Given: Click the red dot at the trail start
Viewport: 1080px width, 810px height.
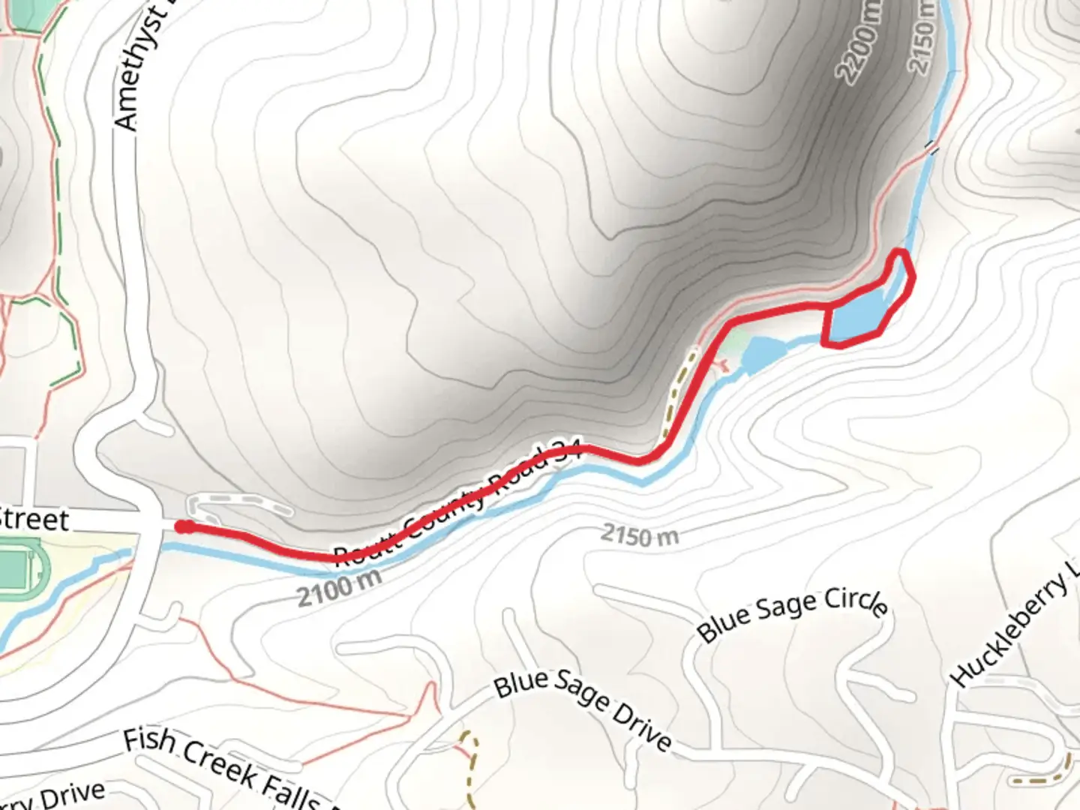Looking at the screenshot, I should (x=182, y=526).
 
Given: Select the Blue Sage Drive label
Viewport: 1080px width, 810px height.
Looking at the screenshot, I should (x=583, y=709).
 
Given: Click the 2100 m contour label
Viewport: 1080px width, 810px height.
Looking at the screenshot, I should (x=339, y=587).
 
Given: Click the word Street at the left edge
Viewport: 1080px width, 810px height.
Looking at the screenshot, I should (x=34, y=519).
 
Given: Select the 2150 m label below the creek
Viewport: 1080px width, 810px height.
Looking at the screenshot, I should (x=640, y=535).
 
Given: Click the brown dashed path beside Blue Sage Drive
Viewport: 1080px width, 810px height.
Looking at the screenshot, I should (x=471, y=757).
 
